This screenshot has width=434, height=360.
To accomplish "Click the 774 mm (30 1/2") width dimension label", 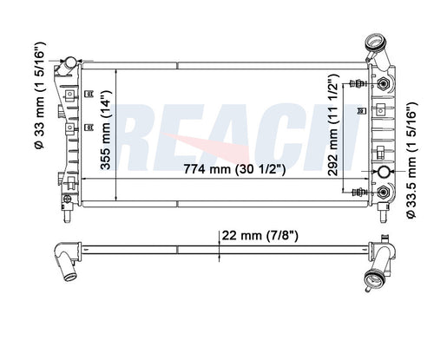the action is pos(234,169).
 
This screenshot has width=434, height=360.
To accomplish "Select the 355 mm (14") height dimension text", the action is pos(106,129).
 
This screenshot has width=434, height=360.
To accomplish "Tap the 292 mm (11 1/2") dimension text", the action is pos(333,125).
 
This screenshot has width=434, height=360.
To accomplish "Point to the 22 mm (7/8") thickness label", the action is pos(260,236).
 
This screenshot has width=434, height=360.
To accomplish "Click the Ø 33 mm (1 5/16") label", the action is pos(40,95).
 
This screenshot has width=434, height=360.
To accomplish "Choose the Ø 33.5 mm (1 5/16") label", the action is pos(411,160).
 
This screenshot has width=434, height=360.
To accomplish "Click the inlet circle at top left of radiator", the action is pos(70,62).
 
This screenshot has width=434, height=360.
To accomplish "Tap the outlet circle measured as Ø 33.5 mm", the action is pos(384,172).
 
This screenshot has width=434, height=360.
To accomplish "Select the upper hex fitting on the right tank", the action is pos(384,84).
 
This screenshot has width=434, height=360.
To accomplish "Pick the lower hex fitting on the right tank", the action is pos(384,192).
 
